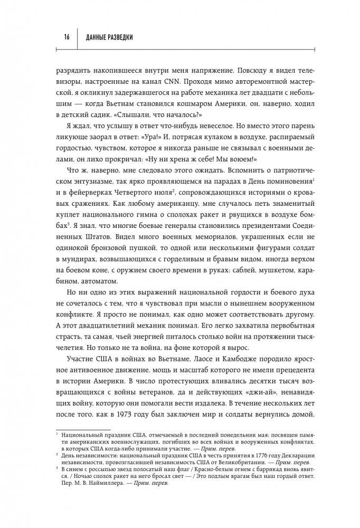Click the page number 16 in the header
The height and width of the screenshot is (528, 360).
(67, 37)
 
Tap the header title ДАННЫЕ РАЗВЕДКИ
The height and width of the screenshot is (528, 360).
(109, 37)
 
